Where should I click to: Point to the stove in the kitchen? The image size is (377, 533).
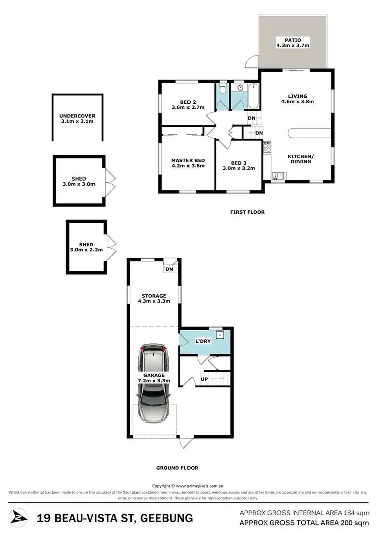coord(267,147)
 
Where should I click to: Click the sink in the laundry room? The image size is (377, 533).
coord(220,335)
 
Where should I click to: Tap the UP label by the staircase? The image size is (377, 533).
coord(204,379)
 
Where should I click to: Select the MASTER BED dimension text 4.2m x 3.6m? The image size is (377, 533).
coord(188,166)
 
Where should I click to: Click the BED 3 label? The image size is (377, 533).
coord(239,162)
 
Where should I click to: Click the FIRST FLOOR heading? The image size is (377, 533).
coord(246,212)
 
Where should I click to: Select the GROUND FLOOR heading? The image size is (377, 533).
coord(177,468)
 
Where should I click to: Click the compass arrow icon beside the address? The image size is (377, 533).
coord(19,518)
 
